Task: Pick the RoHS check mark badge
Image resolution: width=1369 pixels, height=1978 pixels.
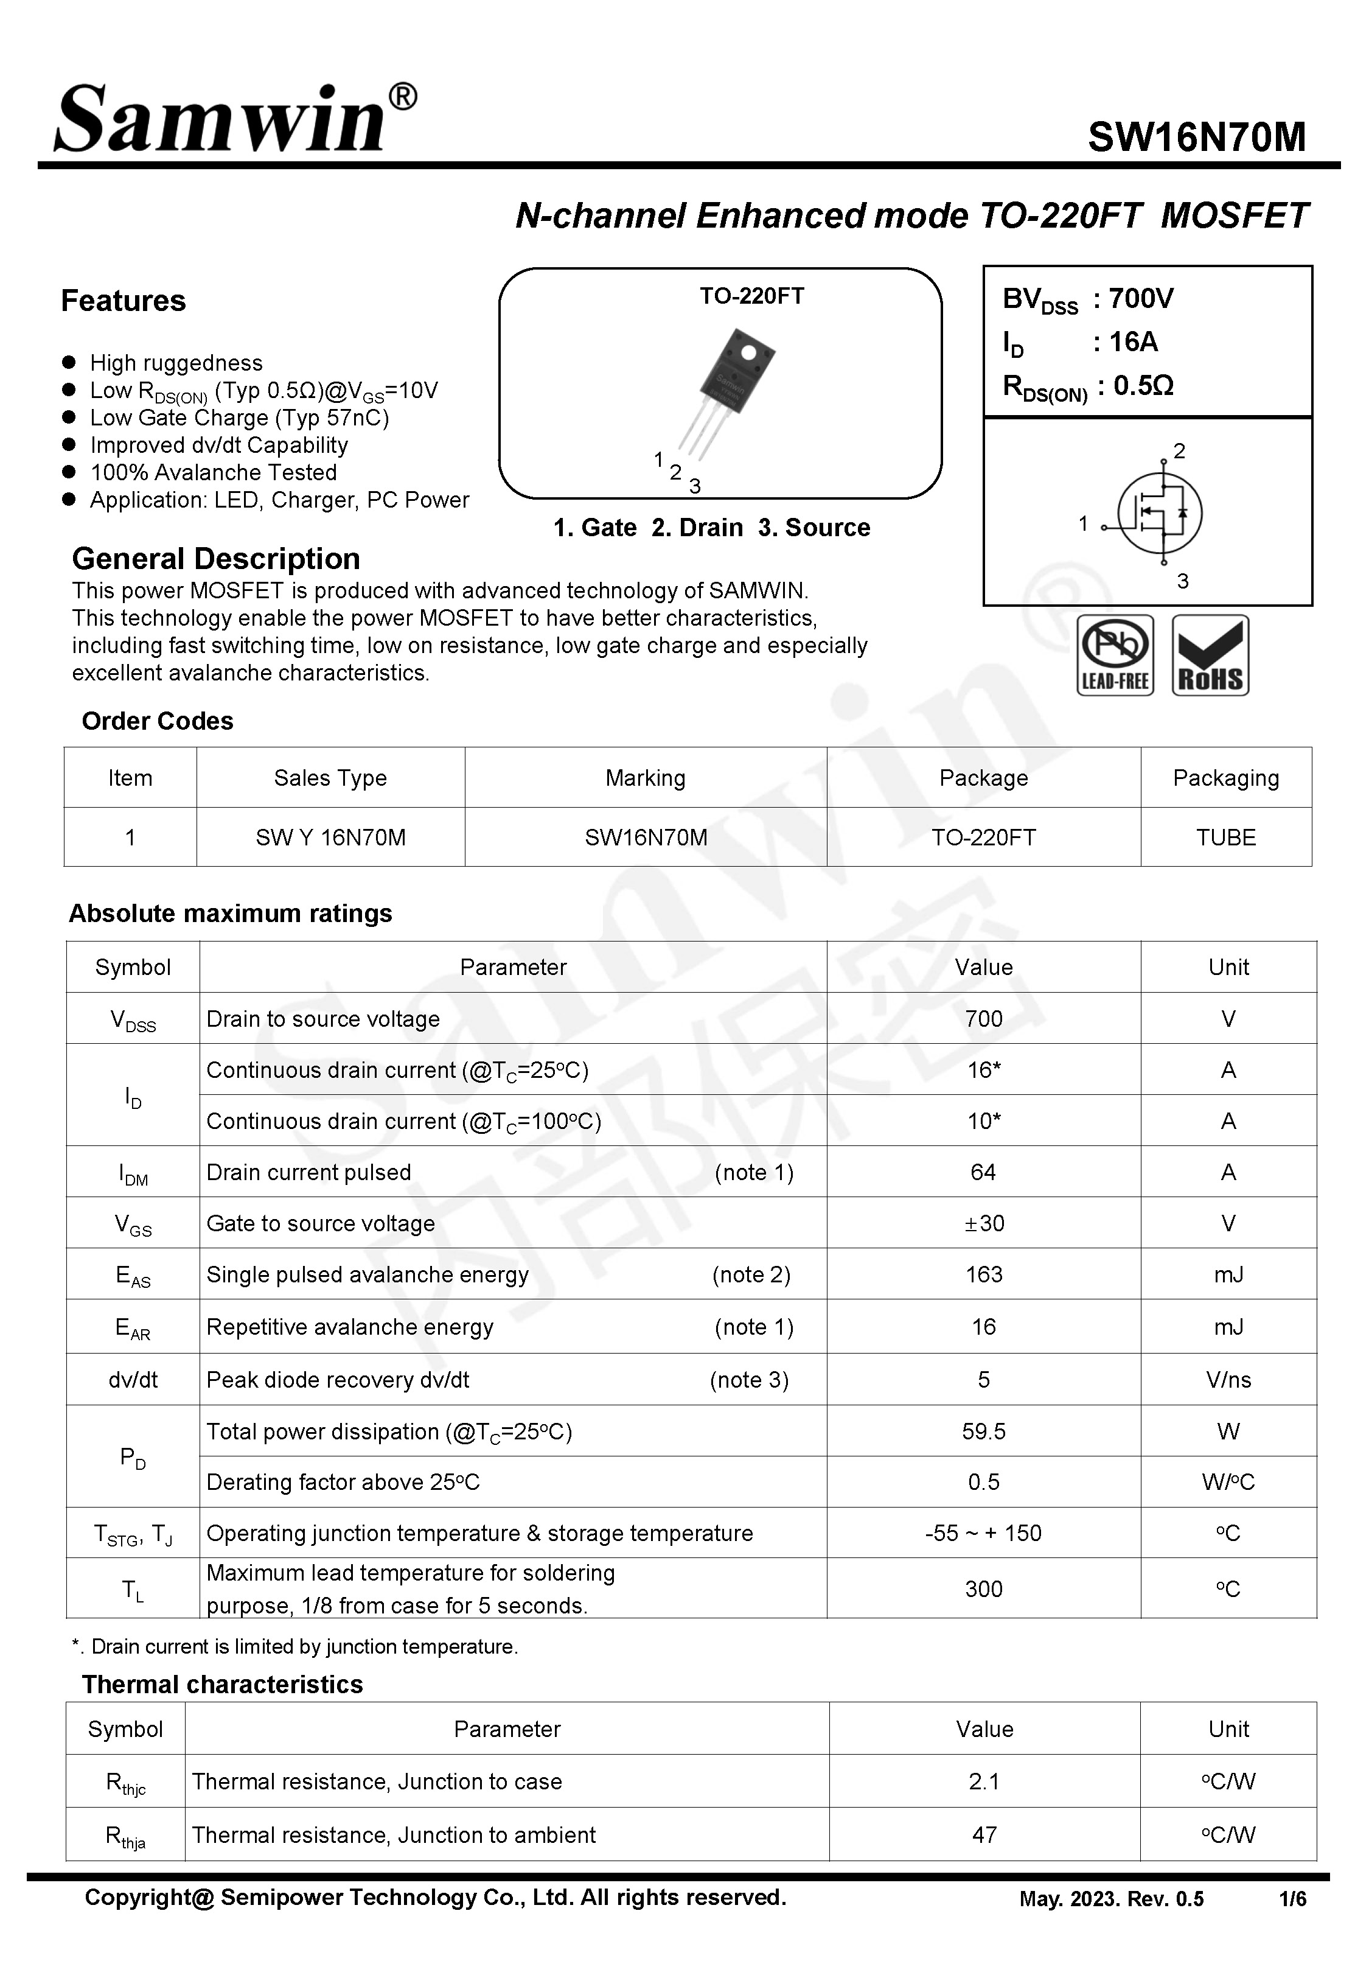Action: [x=1210, y=655]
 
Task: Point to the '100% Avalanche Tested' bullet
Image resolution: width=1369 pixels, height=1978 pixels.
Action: [x=213, y=473]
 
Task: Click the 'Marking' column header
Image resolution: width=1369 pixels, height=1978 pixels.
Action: [x=645, y=778]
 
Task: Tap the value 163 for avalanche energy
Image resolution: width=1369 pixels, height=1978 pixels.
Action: [x=983, y=1274]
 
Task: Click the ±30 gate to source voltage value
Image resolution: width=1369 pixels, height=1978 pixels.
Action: [x=983, y=1223]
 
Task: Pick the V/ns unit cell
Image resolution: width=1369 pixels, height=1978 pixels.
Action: [x=1227, y=1380]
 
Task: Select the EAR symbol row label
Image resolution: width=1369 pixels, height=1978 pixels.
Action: [x=133, y=1329]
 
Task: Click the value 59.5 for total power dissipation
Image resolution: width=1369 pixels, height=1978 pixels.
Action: [x=983, y=1431]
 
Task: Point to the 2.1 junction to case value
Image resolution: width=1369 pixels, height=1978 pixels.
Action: [x=984, y=1781]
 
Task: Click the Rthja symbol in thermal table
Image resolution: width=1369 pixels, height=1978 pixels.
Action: [x=125, y=1836]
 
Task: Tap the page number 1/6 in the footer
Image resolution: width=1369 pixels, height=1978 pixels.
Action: [x=1292, y=1899]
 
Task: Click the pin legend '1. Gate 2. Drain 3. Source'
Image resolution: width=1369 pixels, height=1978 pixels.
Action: [x=711, y=528]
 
